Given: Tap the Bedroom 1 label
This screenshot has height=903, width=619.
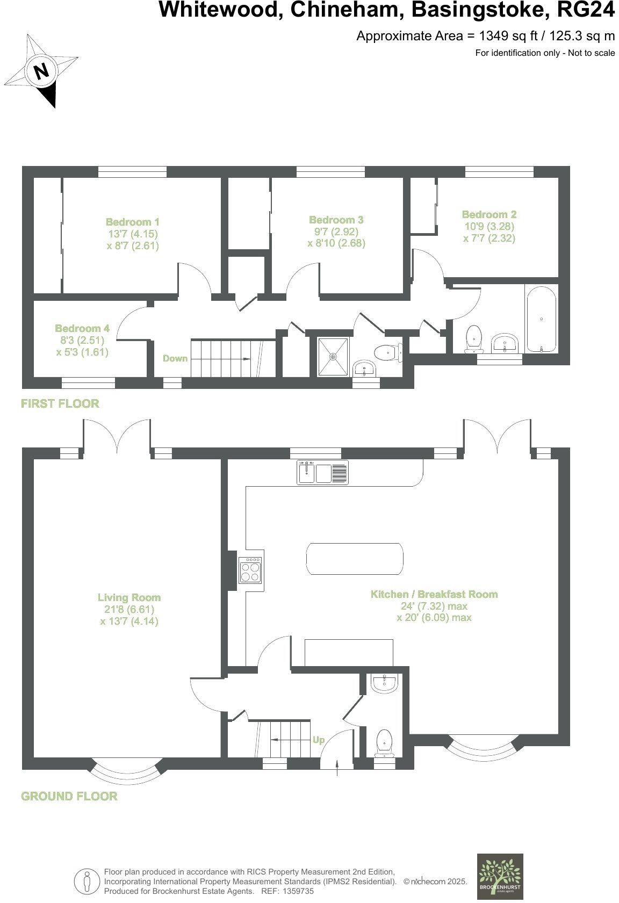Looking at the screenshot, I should click(x=132, y=222).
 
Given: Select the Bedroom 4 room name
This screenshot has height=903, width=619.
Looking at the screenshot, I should click(x=82, y=328).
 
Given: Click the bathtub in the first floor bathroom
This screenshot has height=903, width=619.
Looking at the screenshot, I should click(x=541, y=320).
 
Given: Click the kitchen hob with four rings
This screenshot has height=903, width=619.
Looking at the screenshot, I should click(x=251, y=570).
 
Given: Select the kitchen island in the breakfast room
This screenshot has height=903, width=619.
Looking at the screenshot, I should click(x=354, y=559).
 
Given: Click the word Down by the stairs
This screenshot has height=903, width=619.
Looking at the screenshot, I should click(x=175, y=358).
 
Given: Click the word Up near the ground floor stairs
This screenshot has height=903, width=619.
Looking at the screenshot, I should click(x=319, y=740).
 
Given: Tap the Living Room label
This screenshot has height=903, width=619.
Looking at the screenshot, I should click(x=129, y=597).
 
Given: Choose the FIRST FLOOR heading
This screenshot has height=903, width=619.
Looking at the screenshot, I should click(x=60, y=403).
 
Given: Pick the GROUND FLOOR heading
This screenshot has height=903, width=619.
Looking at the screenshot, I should click(x=69, y=796).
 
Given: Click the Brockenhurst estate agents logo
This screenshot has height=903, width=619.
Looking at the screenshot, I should click(x=500, y=876).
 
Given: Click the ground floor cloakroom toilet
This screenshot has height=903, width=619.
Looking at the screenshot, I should click(x=384, y=741).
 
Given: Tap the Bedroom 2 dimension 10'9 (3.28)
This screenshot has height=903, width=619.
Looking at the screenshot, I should click(x=489, y=226).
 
